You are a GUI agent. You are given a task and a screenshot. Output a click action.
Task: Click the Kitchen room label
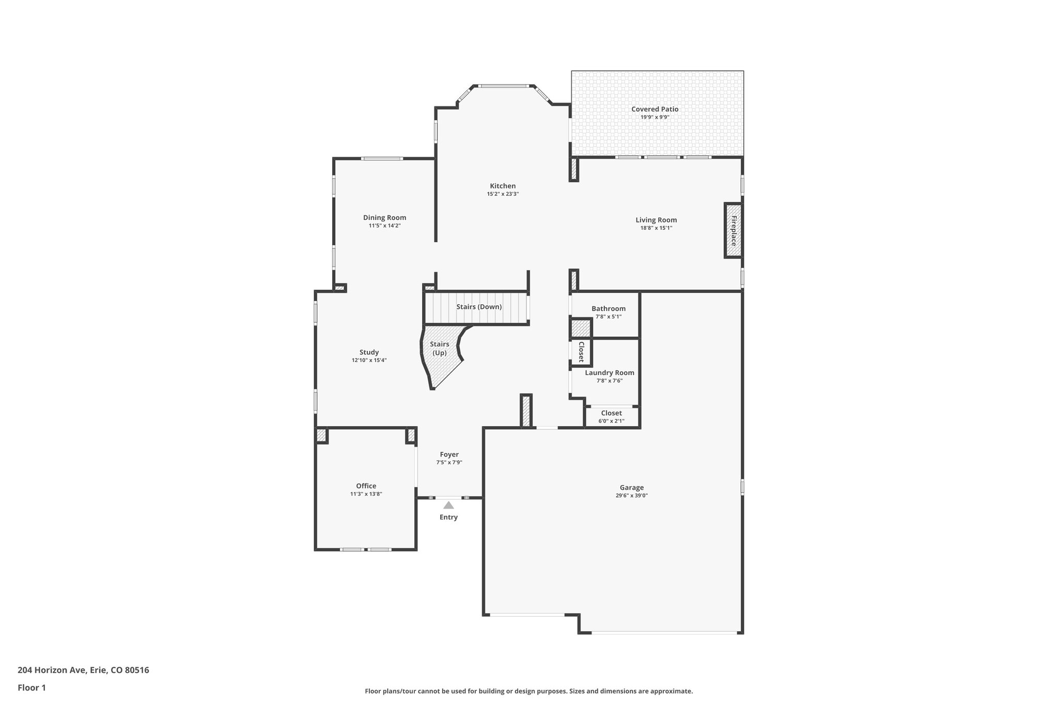point(503,186)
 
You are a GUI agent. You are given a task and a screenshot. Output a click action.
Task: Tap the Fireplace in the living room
point(733,230)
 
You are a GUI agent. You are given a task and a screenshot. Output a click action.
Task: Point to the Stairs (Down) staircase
point(478,307)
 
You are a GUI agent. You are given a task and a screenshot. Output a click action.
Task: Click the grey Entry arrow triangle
point(448,505)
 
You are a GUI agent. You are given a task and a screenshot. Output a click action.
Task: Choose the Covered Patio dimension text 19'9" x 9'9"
point(655,117)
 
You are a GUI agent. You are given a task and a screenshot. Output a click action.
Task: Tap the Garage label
point(631,487)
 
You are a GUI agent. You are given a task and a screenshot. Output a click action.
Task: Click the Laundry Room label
point(609,372)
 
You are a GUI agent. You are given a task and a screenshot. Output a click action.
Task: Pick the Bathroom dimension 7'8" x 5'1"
point(608,317)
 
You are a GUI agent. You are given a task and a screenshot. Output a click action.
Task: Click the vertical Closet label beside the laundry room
point(581,352)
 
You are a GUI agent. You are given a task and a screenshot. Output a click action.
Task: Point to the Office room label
point(366,485)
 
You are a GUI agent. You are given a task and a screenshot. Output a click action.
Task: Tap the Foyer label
point(449,455)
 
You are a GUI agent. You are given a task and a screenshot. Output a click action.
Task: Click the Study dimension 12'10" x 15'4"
point(369,361)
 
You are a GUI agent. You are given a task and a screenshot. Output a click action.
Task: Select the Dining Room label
point(384,217)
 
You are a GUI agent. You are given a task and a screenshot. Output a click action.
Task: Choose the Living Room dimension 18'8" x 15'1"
point(656,228)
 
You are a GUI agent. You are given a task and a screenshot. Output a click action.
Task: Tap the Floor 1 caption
point(32,687)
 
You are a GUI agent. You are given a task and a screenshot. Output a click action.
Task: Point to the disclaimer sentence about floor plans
point(528,691)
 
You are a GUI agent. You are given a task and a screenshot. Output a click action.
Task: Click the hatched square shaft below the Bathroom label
point(581,328)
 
